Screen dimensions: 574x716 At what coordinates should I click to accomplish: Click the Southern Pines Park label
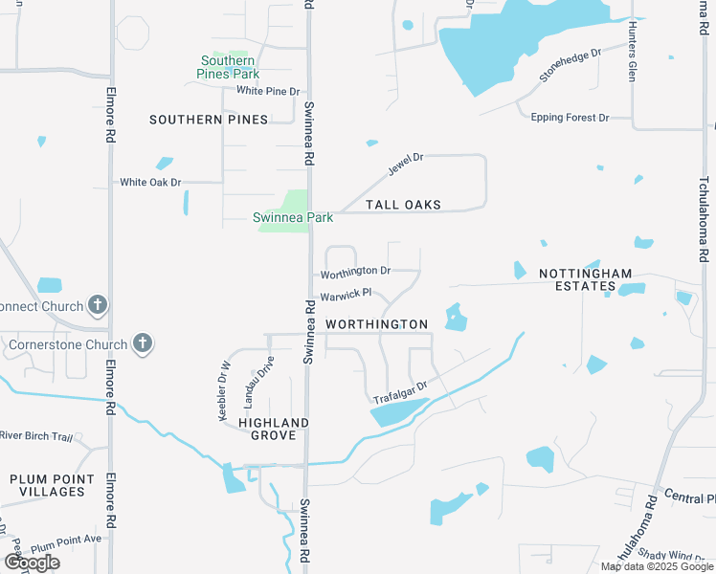click(228, 66)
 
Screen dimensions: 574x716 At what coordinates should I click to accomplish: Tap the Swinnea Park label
click(293, 217)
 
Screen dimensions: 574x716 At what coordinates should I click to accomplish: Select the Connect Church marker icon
click(97, 306)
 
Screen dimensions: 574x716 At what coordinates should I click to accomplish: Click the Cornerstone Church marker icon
click(143, 344)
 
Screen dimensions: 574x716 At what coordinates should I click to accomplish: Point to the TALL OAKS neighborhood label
click(403, 205)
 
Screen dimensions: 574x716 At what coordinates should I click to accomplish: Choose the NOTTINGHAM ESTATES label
click(586, 279)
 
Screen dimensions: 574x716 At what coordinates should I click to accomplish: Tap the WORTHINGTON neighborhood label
click(376, 324)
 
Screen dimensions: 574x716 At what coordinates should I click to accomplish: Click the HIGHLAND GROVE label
click(274, 429)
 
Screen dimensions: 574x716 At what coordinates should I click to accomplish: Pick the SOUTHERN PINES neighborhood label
click(195, 120)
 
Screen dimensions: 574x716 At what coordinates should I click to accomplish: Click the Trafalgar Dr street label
click(399, 391)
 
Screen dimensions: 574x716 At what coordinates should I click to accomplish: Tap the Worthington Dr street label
click(355, 272)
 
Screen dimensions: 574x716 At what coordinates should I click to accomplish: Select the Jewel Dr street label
click(405, 164)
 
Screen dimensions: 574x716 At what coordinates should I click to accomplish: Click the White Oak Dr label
click(150, 182)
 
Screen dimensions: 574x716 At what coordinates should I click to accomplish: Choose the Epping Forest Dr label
click(570, 118)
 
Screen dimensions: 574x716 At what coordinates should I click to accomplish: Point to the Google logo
click(32, 563)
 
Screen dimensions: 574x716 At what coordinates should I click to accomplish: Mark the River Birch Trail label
click(36, 436)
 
